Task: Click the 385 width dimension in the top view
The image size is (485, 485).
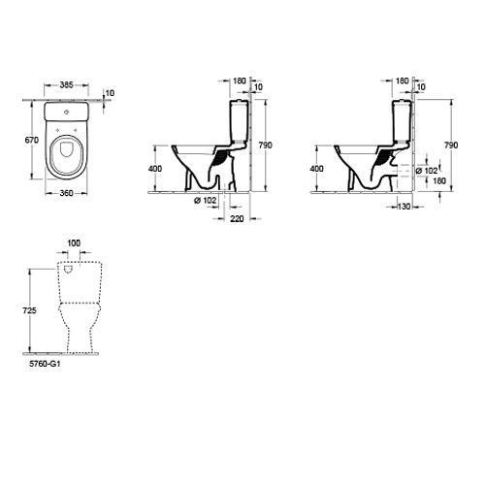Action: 67,85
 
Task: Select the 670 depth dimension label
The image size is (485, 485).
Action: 32,140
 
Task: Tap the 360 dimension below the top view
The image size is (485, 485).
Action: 67,193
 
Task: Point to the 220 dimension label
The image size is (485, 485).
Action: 237,219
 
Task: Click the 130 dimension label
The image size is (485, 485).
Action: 404,207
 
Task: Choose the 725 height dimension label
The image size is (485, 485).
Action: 29,310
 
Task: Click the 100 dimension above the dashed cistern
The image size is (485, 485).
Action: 74,243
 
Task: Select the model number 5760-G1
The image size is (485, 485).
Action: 45,364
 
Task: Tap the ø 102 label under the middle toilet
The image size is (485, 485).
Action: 206,201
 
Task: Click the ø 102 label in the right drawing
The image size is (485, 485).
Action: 427,171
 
